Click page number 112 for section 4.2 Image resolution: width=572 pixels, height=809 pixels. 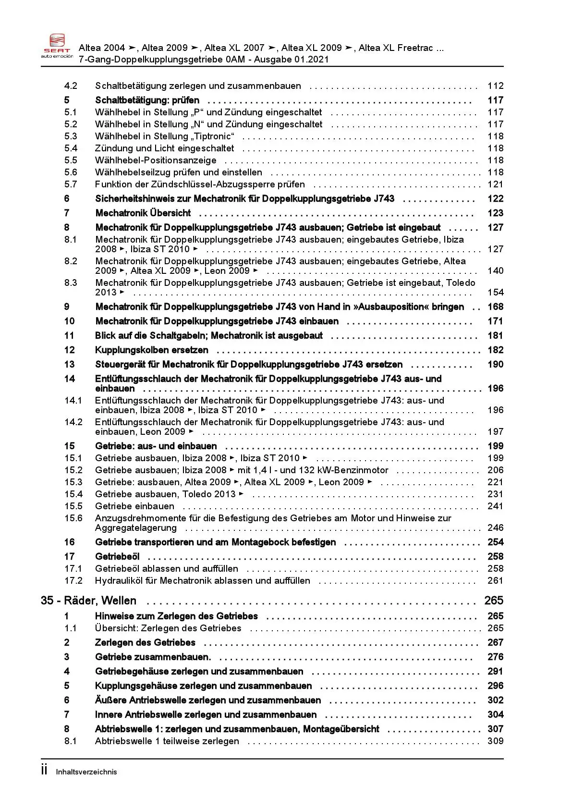[x=495, y=86]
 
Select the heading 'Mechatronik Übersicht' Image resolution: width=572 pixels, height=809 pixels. [x=143, y=213]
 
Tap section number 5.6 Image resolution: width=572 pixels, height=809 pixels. [x=71, y=172]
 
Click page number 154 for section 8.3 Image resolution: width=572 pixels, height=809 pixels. [x=495, y=293]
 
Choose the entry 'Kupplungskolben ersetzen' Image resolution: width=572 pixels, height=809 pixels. [x=152, y=350]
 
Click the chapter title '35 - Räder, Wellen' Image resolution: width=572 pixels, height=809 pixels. [x=89, y=601]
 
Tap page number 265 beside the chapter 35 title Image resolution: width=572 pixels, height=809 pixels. [x=494, y=601]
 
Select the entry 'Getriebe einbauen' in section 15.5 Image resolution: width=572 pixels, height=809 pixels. [x=134, y=506]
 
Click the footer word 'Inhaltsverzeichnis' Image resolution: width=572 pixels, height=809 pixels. [x=86, y=772]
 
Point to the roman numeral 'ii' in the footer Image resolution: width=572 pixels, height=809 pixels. [x=44, y=770]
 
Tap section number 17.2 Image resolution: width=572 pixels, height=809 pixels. [x=73, y=581]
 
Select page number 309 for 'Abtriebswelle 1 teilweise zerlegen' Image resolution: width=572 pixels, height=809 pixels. [x=495, y=741]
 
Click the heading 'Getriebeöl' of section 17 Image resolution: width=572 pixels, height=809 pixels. [x=117, y=557]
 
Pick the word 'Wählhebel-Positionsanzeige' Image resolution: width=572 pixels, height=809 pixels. [x=156, y=160]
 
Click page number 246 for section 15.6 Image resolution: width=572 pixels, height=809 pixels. [x=495, y=528]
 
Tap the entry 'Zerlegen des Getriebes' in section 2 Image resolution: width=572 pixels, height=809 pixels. [x=145, y=643]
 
